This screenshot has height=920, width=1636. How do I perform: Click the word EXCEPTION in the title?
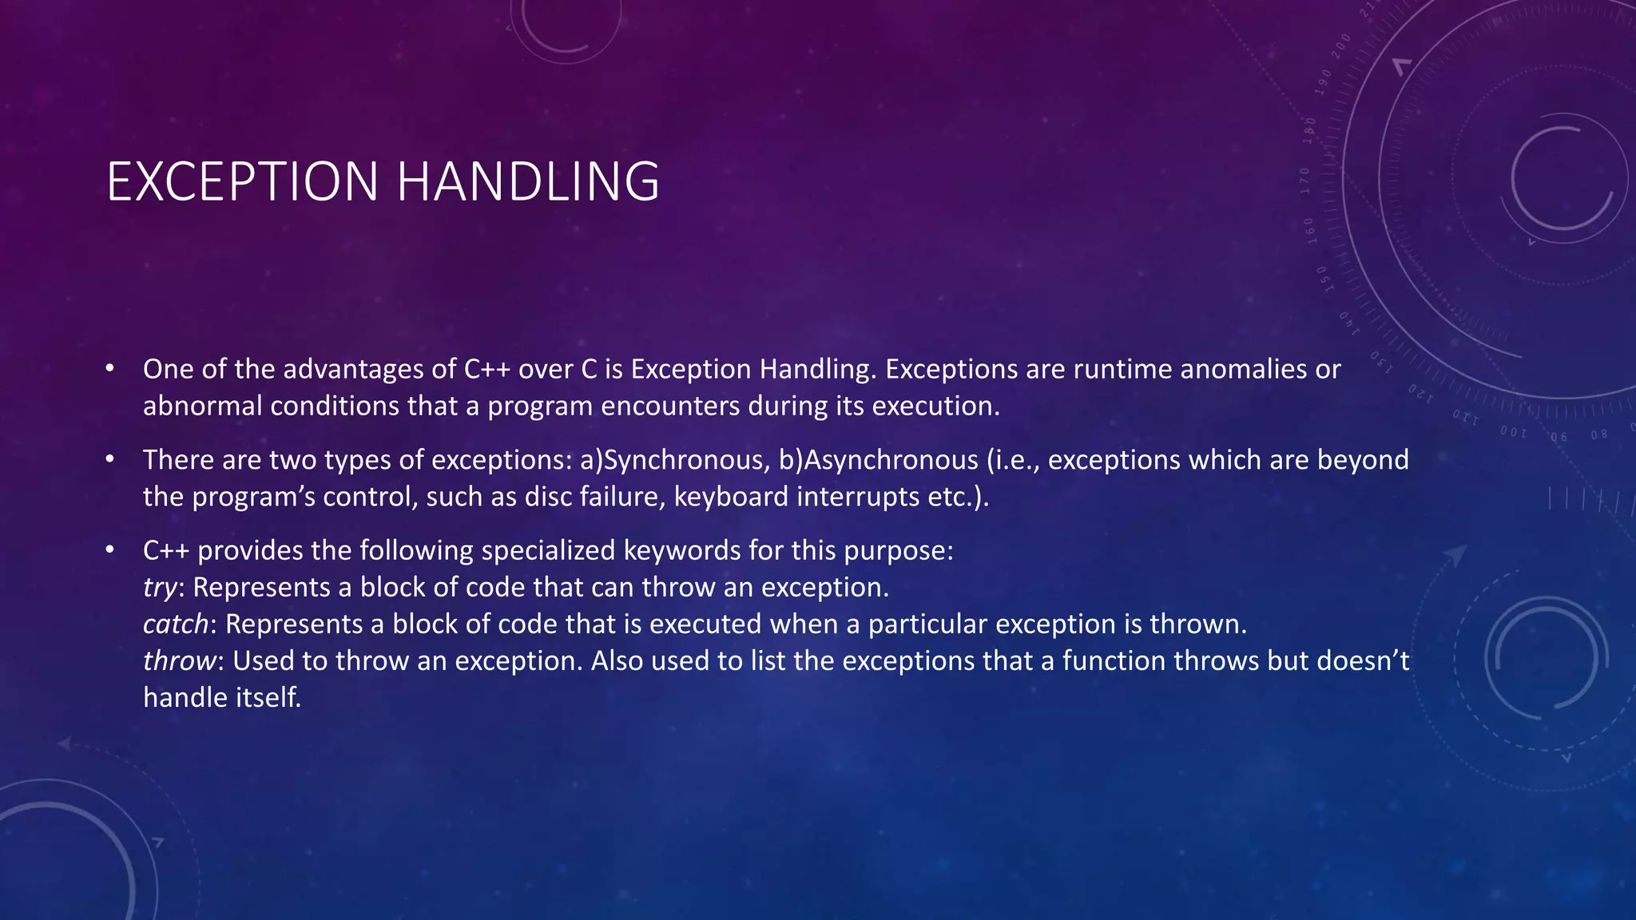242,181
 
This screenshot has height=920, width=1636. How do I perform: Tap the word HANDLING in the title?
528,181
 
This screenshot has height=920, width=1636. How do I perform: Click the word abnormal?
202,406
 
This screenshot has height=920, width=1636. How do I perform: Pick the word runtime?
1122,369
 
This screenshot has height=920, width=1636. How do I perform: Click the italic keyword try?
159,588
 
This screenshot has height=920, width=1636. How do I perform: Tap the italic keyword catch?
176,624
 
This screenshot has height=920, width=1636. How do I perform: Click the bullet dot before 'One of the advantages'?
110,369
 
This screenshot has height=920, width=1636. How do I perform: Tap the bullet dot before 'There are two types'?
110,460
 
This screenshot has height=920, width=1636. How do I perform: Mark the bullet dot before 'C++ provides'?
110,550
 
